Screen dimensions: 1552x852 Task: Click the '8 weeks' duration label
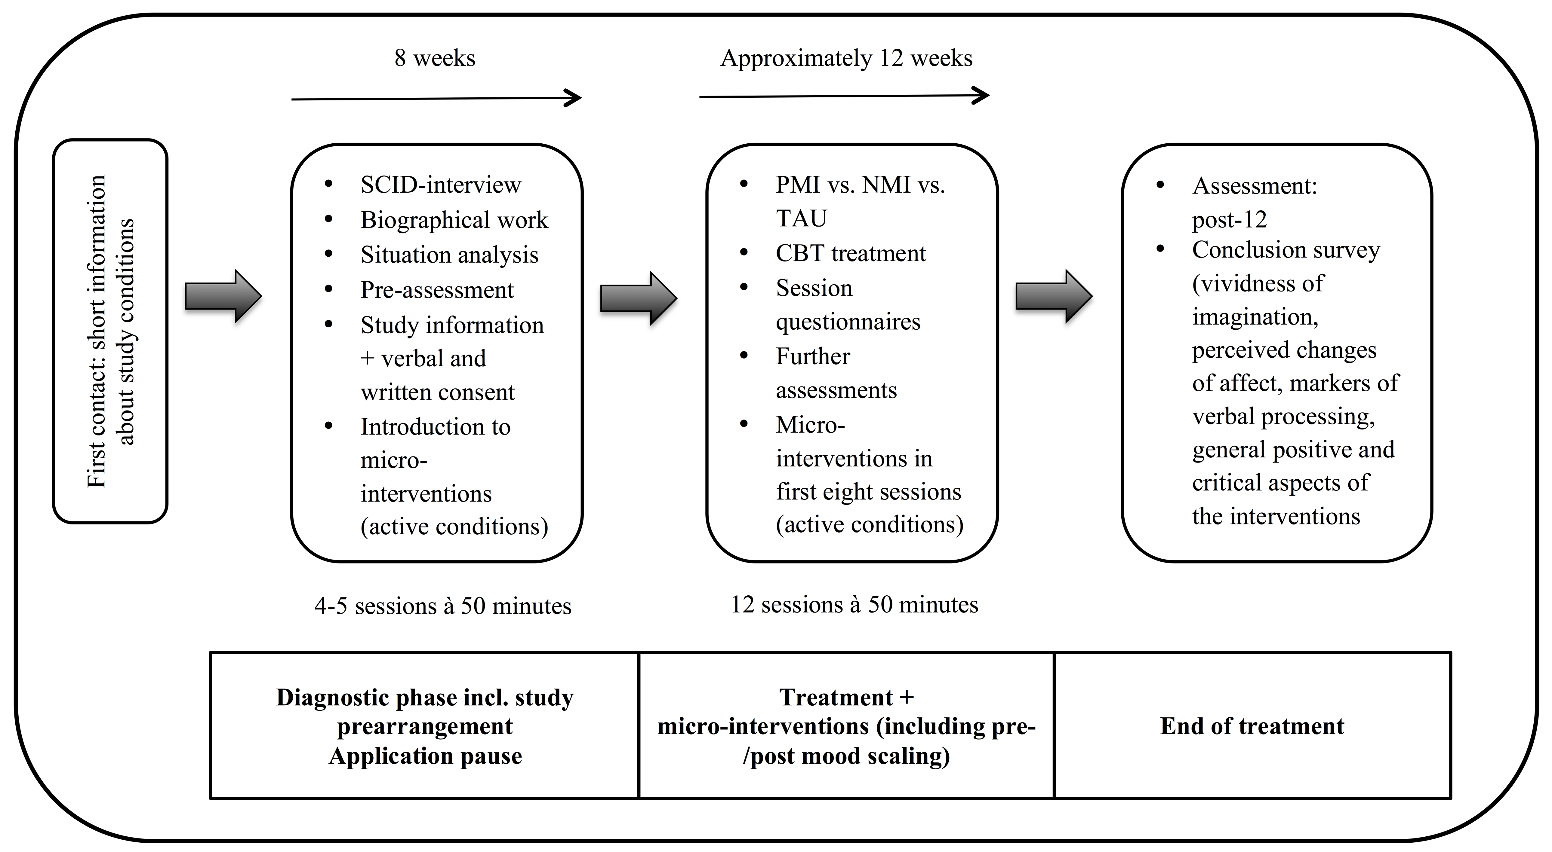pos(434,58)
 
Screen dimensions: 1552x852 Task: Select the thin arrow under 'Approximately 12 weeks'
pos(844,95)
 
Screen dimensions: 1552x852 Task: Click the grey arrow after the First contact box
pos(223,296)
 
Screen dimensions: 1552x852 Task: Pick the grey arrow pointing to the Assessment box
pos(1054,296)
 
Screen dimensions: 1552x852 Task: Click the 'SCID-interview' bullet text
pos(440,185)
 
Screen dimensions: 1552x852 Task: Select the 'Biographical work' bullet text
pos(454,220)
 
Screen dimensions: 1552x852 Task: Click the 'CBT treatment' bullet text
pos(851,253)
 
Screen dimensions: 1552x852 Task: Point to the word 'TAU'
pos(801,218)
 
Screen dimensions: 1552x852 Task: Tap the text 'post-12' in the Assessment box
pos(1229,220)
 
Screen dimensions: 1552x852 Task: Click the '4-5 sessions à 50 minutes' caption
pos(443,606)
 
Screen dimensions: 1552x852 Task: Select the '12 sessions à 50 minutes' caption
pos(854,605)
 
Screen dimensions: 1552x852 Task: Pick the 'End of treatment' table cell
pos(1252,725)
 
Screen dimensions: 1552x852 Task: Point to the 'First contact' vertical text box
pos(110,331)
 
